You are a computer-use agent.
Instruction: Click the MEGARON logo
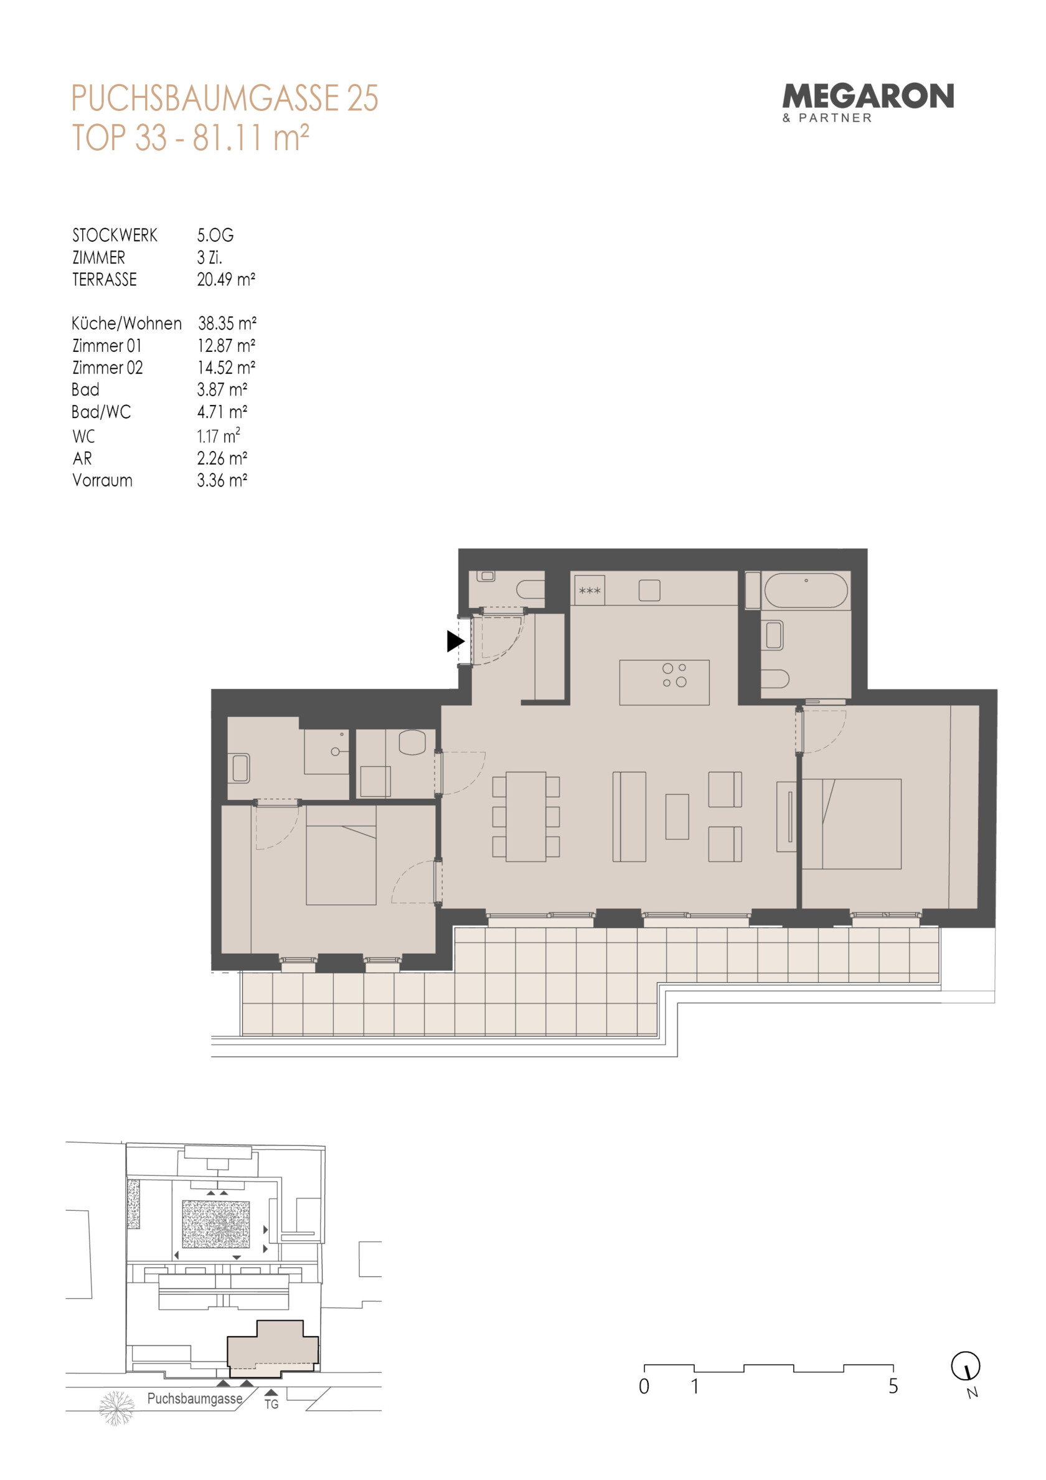(x=867, y=103)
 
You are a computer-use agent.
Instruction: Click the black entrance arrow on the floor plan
(x=456, y=642)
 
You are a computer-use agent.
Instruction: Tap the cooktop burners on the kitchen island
(x=675, y=675)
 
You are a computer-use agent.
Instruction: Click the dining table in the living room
(x=526, y=817)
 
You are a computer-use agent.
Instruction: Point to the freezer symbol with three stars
(x=589, y=591)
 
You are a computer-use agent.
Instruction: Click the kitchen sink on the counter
(x=649, y=591)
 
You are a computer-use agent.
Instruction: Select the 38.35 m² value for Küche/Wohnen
(x=227, y=323)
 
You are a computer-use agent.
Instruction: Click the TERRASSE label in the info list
(x=105, y=280)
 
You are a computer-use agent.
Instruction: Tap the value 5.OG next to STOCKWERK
(x=215, y=235)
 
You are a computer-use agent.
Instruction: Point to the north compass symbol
(x=966, y=1365)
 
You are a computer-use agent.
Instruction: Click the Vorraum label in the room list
(x=103, y=480)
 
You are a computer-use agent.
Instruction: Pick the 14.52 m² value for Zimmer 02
(x=226, y=368)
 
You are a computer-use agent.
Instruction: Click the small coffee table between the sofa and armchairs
(x=677, y=816)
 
